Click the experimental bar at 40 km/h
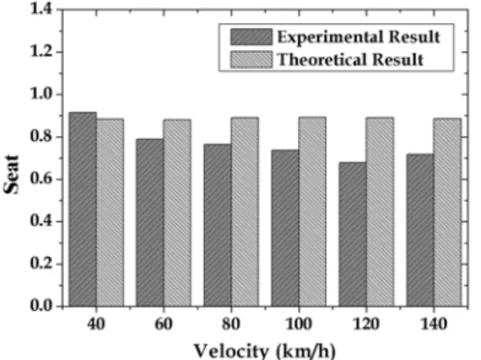(83, 209)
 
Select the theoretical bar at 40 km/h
(110, 212)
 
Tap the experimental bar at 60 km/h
(150, 223)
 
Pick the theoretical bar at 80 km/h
(245, 212)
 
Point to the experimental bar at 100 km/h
(285, 228)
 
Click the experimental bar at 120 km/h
(353, 235)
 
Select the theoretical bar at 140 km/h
(447, 212)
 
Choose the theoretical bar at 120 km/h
(380, 212)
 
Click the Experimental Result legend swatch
(252, 37)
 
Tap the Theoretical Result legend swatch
(252, 59)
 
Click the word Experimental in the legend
(331, 38)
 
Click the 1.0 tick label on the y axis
(43, 93)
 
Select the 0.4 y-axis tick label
(43, 221)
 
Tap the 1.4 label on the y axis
(43, 9)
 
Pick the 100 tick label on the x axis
(298, 324)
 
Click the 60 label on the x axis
(164, 324)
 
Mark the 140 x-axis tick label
(433, 324)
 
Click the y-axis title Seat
(11, 175)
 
